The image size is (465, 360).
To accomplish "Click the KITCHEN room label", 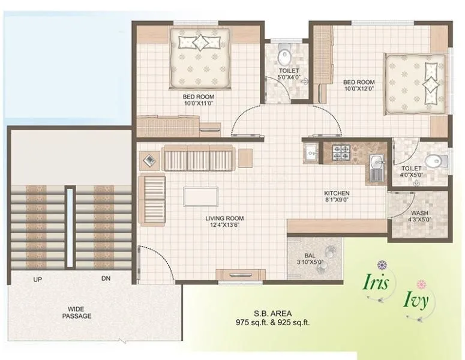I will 337,193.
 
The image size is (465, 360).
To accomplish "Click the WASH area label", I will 419,213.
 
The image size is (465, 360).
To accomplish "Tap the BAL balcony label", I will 310,256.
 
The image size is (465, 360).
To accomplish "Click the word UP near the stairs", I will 37,280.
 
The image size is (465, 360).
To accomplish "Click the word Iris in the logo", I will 376,283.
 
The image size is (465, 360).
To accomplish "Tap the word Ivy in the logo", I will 415,299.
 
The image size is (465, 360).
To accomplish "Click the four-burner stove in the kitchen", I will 339,154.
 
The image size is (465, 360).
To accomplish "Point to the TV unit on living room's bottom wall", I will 241,275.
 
